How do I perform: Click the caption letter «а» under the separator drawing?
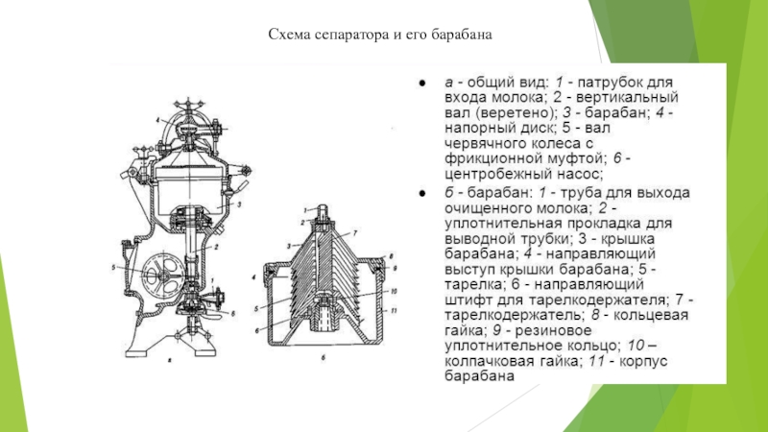click(169, 361)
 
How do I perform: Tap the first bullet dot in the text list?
click(420, 84)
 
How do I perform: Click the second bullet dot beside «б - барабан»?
click(420, 192)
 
